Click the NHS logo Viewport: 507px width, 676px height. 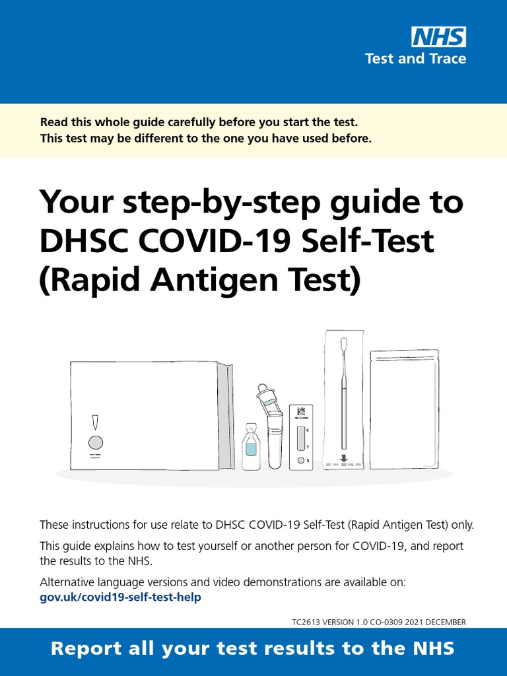(x=438, y=37)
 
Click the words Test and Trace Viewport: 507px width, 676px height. (x=415, y=59)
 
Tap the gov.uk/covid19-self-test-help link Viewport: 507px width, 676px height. (x=120, y=597)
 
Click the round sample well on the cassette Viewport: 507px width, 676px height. (x=301, y=460)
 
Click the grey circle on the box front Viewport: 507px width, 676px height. (x=95, y=442)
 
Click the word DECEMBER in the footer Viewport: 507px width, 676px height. (x=445, y=622)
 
